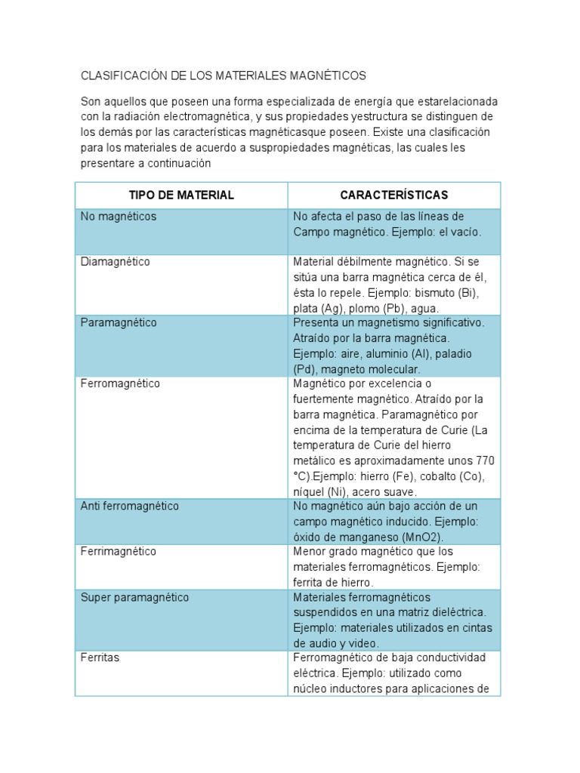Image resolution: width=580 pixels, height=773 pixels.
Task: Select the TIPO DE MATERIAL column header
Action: point(181,196)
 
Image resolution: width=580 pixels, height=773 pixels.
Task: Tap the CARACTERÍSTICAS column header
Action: point(393,196)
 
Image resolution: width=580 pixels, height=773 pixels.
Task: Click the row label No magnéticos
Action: point(119,217)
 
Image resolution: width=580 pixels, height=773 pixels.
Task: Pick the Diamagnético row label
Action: point(116,262)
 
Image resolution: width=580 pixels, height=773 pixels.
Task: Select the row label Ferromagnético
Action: point(120,383)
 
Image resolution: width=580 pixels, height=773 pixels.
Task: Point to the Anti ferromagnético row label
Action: point(130,506)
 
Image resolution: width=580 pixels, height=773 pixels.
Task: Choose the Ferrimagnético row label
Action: point(119,552)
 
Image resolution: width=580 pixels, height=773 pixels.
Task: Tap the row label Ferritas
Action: point(100,658)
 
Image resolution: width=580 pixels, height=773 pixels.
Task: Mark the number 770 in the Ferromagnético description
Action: point(486,460)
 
